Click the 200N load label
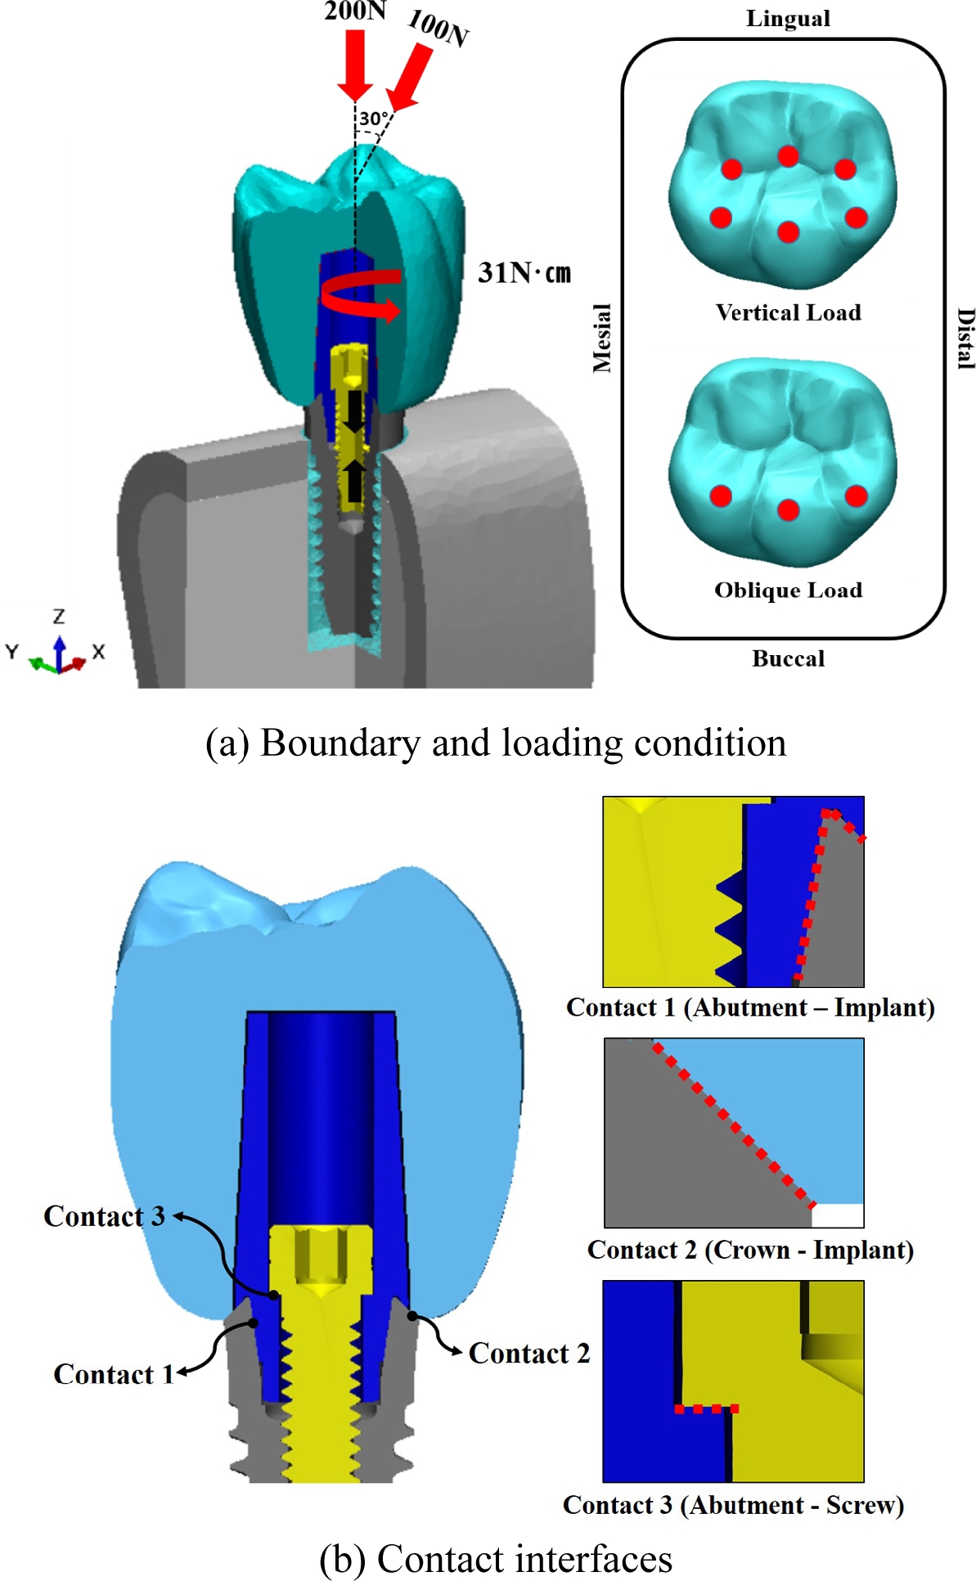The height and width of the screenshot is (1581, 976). [x=354, y=11]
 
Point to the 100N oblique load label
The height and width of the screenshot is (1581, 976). [x=439, y=29]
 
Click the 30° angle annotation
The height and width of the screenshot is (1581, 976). [x=373, y=119]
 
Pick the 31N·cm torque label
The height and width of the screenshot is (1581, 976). [x=524, y=272]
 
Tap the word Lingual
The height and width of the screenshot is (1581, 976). [x=788, y=19]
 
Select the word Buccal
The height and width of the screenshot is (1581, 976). [x=788, y=658]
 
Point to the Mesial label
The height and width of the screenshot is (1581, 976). [x=602, y=338]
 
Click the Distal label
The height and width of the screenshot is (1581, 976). [x=965, y=338]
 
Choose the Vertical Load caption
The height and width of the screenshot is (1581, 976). [x=788, y=312]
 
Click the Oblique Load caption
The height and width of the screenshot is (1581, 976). [x=788, y=590]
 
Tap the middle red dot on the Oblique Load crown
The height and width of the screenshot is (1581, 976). [x=788, y=510]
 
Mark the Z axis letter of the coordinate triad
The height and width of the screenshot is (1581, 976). [x=59, y=616]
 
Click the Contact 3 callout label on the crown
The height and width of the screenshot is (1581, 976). [x=104, y=1216]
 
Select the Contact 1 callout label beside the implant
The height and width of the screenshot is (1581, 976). [x=114, y=1374]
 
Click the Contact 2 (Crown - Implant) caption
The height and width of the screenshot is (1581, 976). [x=750, y=1250]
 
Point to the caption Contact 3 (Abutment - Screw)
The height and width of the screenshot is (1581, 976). [x=733, y=1505]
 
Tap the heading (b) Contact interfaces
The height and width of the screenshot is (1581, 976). [x=495, y=1558]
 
